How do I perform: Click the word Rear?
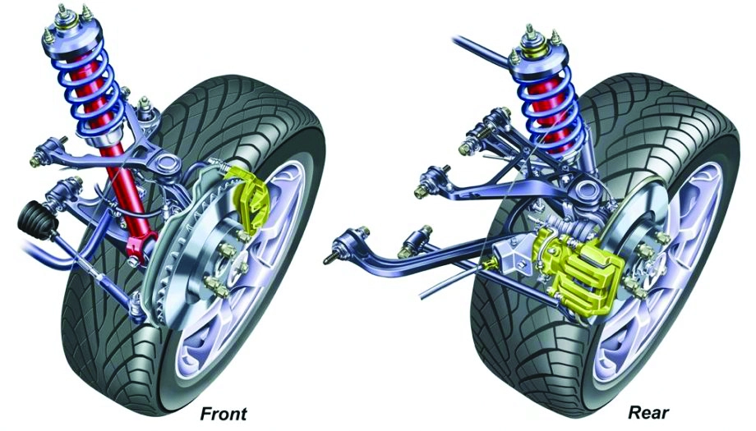tap(648, 413)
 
